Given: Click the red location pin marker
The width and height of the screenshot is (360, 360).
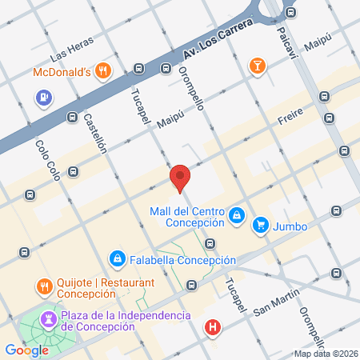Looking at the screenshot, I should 180,178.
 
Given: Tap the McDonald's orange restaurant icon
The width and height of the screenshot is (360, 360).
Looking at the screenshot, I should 102,71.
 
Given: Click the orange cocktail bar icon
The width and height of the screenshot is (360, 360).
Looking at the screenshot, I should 257,65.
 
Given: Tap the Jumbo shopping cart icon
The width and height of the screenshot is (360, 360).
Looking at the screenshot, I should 260,226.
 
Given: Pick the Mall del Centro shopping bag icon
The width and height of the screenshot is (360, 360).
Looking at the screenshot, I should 237,215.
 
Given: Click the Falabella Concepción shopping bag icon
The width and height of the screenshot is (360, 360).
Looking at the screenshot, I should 118,259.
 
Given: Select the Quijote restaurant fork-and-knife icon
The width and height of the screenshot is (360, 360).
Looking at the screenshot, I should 44,286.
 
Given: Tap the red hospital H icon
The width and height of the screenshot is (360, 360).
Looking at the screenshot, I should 212,327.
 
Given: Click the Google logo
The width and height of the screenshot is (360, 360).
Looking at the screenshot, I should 26,350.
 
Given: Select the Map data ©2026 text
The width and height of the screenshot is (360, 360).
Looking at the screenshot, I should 326,354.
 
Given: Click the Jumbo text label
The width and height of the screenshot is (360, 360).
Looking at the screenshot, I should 290,226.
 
